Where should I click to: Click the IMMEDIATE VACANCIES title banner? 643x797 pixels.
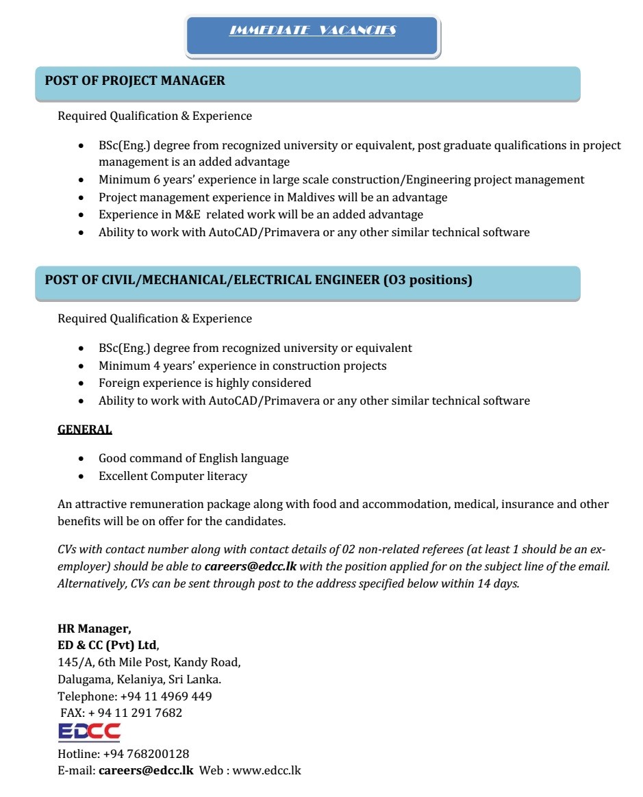(x=312, y=31)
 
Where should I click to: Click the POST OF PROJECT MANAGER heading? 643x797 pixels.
(x=135, y=81)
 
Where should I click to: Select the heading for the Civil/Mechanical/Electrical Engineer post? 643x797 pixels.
(x=258, y=280)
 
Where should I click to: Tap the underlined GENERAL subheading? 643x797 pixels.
(x=85, y=430)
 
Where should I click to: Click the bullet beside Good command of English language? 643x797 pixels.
(x=82, y=459)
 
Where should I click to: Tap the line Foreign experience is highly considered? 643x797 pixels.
(x=205, y=383)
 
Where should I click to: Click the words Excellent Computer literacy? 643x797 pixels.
(x=173, y=476)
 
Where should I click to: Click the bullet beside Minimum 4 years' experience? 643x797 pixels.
(x=82, y=366)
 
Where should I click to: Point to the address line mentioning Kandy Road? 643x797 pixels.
(x=149, y=662)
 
